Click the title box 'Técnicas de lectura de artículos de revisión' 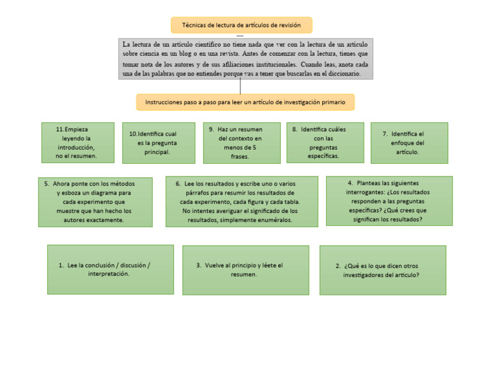[x=242, y=25]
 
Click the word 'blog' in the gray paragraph [x=185, y=54]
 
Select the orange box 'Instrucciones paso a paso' [x=245, y=102]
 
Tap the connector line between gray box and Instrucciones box [x=240, y=86]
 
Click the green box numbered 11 [x=78, y=143]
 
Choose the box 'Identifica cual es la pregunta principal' [x=159, y=143]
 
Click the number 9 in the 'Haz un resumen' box [x=211, y=129]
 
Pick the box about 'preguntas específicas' [x=325, y=143]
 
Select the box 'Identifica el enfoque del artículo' [x=409, y=143]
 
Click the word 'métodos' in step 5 [x=123, y=184]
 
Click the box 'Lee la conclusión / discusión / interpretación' [x=111, y=269]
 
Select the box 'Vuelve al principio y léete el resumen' [x=245, y=270]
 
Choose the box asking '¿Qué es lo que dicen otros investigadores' [x=383, y=270]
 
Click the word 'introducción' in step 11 [x=76, y=148]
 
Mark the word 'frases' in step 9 [x=240, y=157]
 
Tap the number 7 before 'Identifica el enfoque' [x=385, y=134]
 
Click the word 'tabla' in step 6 [x=292, y=202]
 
